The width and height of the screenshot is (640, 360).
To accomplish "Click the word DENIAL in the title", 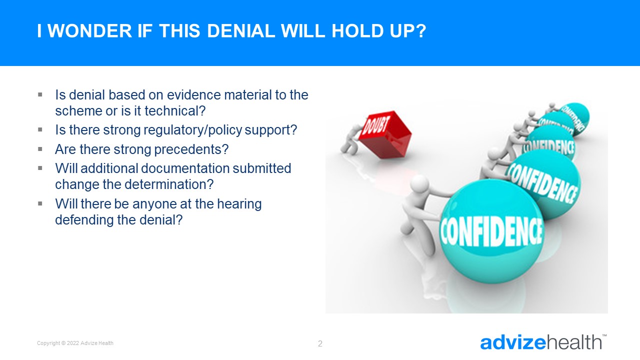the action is pos(241,31).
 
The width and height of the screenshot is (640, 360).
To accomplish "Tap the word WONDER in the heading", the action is pos(89,31).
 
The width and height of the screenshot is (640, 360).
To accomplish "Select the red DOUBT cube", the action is pos(385,134).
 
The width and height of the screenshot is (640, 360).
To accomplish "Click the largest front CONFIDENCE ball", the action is pos(491,231).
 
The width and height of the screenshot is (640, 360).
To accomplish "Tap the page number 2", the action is pos(320,343).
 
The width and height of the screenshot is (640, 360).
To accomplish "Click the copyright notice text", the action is pos(75,343).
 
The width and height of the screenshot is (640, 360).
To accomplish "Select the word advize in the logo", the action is pos(513,342).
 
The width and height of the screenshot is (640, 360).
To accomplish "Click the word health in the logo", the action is pos(574,342).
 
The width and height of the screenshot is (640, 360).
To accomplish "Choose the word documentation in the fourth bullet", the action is pos(185,168).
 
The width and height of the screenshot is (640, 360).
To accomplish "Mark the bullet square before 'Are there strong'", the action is pos(40,149).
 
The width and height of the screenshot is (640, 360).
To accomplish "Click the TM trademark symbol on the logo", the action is pos(604,335).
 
